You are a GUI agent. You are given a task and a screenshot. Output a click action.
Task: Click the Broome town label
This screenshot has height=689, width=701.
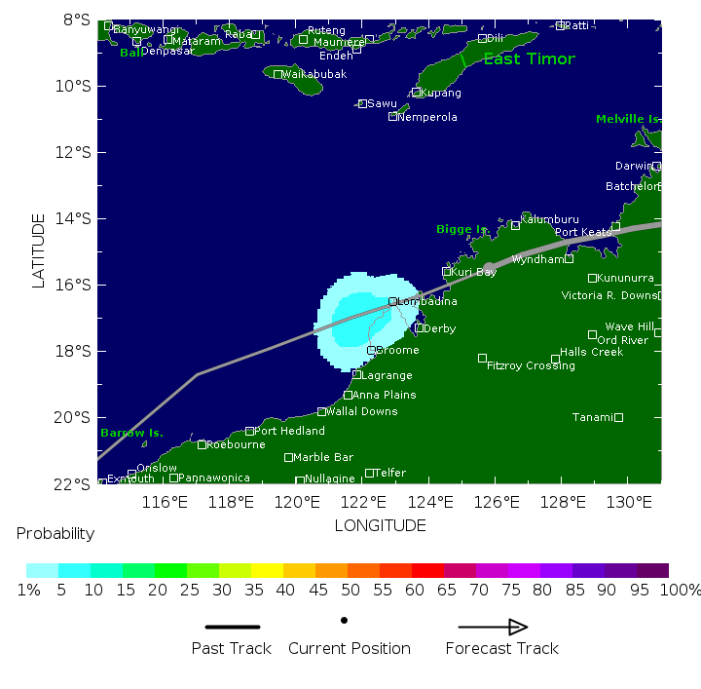tap(398, 351)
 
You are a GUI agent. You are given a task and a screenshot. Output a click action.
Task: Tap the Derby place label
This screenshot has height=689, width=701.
tap(440, 329)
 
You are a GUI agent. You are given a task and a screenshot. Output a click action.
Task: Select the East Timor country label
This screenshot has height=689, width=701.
tap(529, 59)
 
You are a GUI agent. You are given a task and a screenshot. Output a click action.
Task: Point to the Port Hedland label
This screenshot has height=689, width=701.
tap(289, 431)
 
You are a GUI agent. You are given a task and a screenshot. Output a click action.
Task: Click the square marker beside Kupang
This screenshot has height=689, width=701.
tap(416, 93)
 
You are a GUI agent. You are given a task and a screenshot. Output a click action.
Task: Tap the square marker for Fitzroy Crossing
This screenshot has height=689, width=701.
tap(482, 359)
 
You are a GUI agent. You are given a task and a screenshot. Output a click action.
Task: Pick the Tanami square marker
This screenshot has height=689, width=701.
tap(618, 417)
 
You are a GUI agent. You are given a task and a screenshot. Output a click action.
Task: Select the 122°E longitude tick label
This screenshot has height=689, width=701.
tap(363, 503)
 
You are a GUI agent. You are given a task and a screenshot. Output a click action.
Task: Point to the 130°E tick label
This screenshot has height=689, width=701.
tap(629, 503)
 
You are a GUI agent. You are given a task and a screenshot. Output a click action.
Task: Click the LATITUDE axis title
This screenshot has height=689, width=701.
tap(39, 250)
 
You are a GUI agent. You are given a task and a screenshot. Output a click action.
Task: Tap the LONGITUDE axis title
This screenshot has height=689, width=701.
tap(380, 526)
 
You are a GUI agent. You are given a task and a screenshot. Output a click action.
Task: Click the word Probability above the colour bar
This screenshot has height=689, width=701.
tap(55, 534)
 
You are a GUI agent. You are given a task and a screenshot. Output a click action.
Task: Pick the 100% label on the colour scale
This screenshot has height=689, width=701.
tap(682, 591)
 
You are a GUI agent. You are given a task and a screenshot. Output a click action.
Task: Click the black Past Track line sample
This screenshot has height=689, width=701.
tap(232, 628)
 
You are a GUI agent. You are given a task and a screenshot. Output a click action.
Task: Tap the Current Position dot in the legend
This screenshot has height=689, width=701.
tap(345, 620)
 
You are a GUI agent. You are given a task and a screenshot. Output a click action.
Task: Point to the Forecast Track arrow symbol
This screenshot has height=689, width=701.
tap(493, 628)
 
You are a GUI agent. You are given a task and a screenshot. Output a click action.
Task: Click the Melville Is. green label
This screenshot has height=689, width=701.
tap(627, 119)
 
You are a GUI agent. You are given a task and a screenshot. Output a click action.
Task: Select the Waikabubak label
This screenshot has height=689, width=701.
tap(314, 74)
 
